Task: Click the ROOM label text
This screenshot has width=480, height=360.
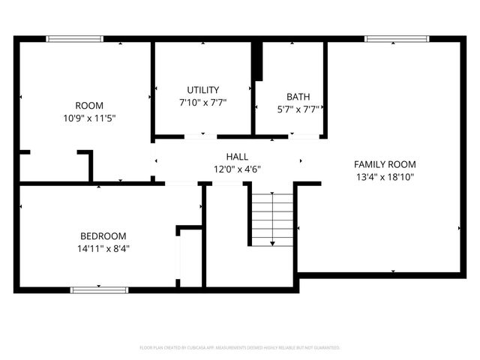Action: (x=89, y=106)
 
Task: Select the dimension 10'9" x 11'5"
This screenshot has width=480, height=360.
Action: (x=89, y=118)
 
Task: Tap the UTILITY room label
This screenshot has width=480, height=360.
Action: (x=202, y=90)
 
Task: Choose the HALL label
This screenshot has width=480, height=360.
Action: (x=237, y=157)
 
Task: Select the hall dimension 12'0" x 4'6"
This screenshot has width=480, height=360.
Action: (x=237, y=169)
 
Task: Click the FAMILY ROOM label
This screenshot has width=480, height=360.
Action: (x=385, y=164)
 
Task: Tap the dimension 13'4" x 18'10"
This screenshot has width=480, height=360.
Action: (x=385, y=177)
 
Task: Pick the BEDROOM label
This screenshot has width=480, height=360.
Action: (x=103, y=235)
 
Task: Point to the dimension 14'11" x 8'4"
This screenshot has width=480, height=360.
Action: (x=103, y=247)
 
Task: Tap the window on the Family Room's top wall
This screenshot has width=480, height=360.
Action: (x=396, y=39)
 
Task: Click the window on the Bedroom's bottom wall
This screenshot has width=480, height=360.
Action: (x=99, y=289)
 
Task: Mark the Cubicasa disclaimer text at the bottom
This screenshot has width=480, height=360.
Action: (x=240, y=347)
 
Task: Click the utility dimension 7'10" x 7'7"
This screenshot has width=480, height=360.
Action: (x=202, y=102)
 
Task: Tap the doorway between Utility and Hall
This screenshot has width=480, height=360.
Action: (x=201, y=137)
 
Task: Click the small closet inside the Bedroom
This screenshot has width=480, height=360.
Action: (x=190, y=256)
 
